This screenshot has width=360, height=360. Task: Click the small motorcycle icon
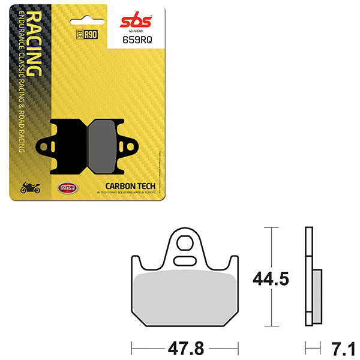pyautogui.click(x=29, y=188)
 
